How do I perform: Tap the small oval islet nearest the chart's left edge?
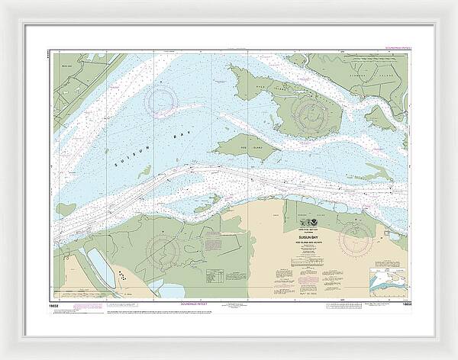pyautogui.click(x=66, y=209)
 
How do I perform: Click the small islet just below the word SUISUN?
pyautogui.click(x=144, y=173)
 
